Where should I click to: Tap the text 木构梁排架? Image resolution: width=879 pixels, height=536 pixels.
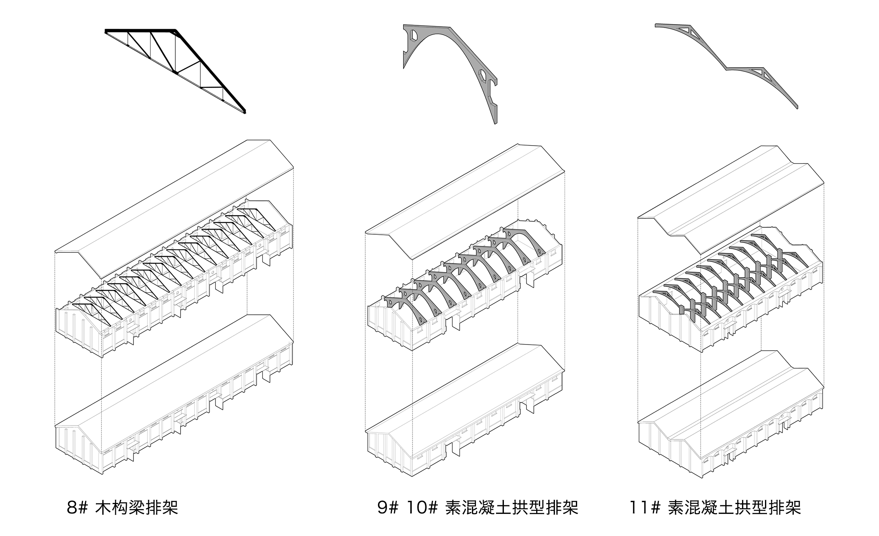pos(136,508)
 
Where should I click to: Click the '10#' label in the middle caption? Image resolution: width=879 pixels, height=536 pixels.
pos(422,508)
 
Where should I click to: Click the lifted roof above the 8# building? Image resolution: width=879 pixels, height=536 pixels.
pos(175,202)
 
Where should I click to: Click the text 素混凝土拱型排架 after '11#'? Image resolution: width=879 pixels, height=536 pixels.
pos(734,508)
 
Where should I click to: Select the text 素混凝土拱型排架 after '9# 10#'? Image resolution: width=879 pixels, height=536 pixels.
pos(511,508)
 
